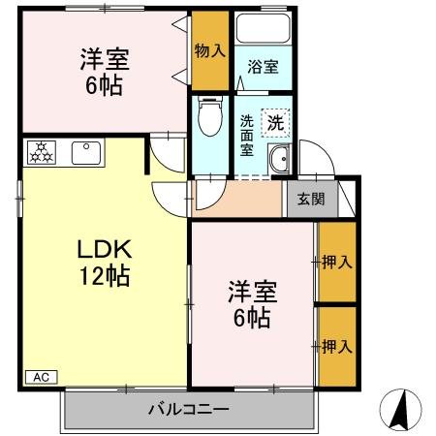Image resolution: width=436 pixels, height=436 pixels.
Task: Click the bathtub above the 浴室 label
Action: pos(262,31)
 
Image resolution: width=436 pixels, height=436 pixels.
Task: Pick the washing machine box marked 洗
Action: pos(275,123)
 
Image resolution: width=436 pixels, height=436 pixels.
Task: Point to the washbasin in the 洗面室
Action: pos(281,163)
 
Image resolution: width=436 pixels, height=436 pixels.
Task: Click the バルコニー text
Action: pos(188,409)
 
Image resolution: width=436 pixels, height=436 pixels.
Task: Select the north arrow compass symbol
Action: pos(400,409)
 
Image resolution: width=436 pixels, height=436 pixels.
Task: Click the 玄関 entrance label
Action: pos(310,200)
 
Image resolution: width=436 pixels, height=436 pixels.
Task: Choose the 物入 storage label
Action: pos(210,49)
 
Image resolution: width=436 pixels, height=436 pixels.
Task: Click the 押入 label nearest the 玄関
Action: pos(336,262)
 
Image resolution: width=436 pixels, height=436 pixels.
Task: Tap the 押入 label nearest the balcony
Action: pos(336,345)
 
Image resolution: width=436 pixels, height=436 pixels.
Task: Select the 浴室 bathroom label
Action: pos(262,67)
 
